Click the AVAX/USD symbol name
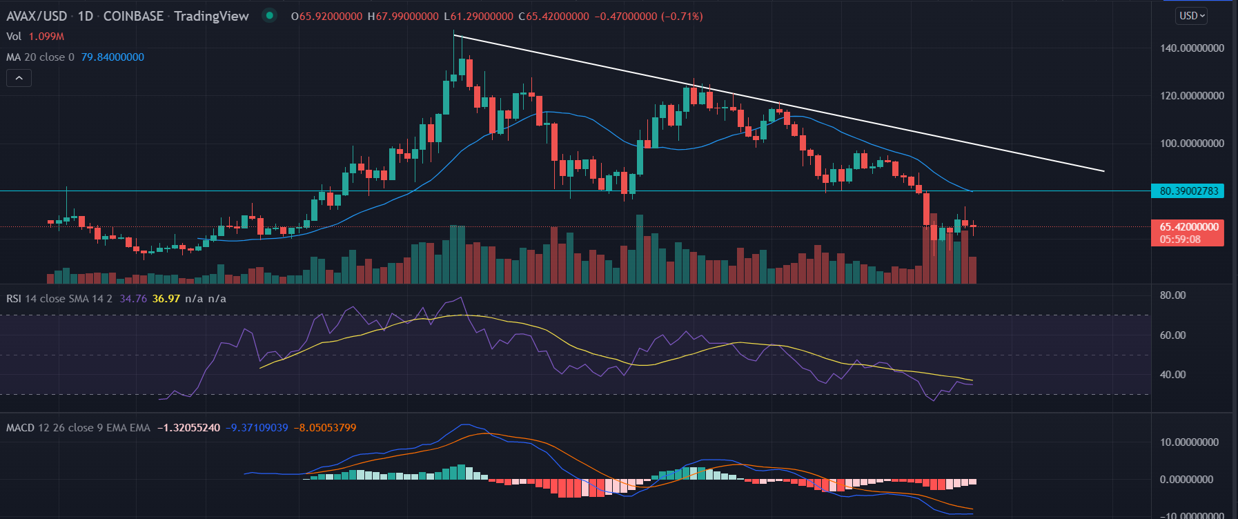[x=37, y=16]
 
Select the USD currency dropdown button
[x=1192, y=16]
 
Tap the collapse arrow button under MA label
[x=19, y=79]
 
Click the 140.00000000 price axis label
[x=1192, y=48]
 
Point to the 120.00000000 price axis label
[x=1192, y=96]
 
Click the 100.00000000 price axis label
[x=1192, y=144]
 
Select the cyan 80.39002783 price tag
[x=1188, y=191]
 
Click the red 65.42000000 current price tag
[x=1188, y=227]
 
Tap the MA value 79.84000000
[x=112, y=57]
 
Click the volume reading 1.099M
[x=46, y=37]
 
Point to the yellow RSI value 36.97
[x=166, y=299]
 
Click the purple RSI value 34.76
[x=133, y=299]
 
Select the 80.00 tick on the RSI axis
[x=1172, y=295]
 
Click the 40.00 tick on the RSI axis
[x=1172, y=375]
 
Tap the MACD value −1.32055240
[x=188, y=428]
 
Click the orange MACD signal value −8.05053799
[x=325, y=428]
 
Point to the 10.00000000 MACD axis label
[x=1189, y=442]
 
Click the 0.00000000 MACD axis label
[x=1186, y=480]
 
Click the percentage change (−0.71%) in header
[x=682, y=16]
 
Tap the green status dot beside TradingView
[x=270, y=15]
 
